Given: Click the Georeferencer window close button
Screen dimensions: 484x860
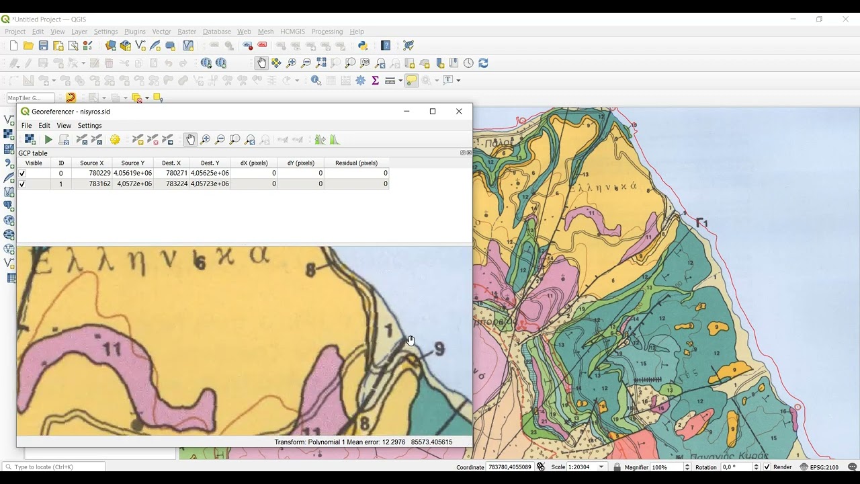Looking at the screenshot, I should [x=459, y=112].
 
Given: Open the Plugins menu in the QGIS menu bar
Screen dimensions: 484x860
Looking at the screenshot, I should [x=134, y=32].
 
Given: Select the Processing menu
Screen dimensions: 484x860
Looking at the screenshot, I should [x=327, y=32].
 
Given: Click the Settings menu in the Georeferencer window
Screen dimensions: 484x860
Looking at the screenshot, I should [x=89, y=126].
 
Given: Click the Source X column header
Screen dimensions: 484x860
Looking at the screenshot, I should [x=92, y=163].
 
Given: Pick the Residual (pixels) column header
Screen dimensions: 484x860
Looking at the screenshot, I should [x=356, y=163].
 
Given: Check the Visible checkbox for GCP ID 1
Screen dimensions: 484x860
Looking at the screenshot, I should [x=22, y=184].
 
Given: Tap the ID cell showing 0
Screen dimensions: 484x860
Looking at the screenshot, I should [x=60, y=173].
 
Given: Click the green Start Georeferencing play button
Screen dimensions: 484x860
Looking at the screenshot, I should [x=48, y=140].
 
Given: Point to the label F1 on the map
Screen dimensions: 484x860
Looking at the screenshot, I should [x=702, y=223].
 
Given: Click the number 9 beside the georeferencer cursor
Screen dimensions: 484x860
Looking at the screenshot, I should [x=439, y=349].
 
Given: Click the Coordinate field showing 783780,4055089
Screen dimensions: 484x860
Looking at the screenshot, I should [x=509, y=467].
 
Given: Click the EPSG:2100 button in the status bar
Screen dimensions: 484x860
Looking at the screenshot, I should [x=819, y=467].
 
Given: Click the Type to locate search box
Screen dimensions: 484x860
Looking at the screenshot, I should [x=58, y=467].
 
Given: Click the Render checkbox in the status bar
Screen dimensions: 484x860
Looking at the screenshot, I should [x=767, y=467].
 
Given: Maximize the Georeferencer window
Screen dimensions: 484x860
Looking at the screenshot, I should [x=433, y=112].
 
